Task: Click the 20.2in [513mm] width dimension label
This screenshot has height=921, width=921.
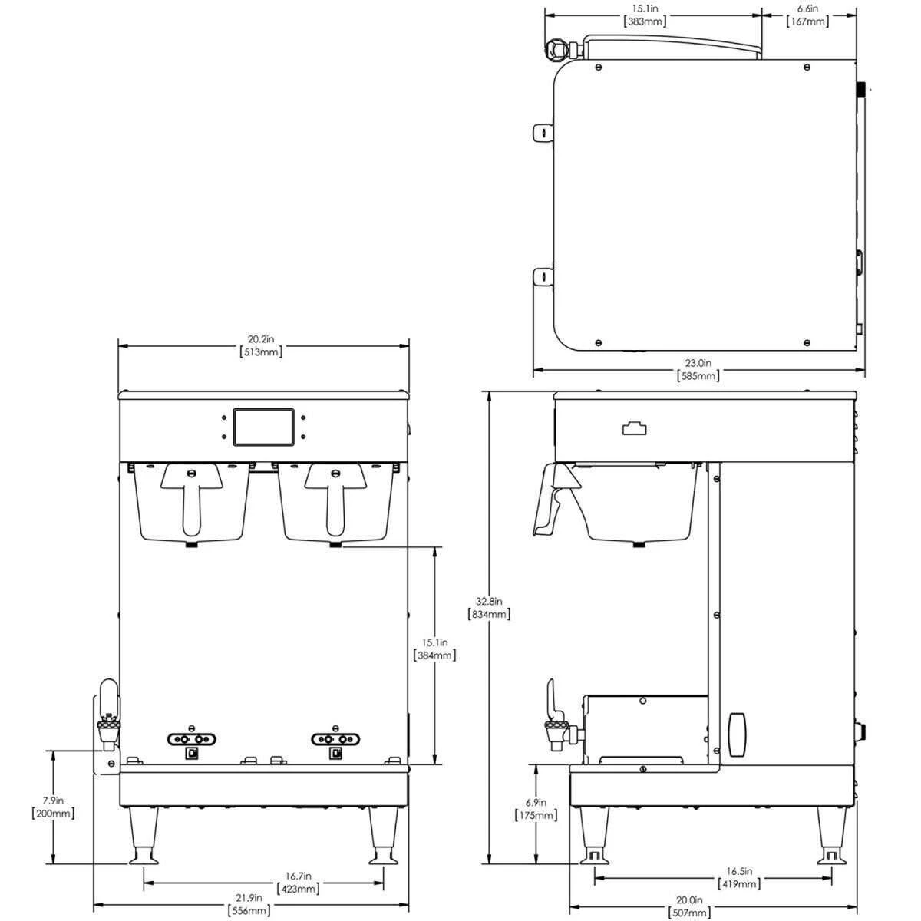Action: pos(262,345)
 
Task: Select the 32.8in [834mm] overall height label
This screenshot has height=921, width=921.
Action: pos(489,608)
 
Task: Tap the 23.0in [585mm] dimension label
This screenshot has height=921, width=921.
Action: pos(698,369)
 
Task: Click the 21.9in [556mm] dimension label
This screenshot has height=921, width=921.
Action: pos(249,903)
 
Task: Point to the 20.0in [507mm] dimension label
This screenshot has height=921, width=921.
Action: pos(688,906)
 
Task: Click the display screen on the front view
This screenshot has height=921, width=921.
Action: pos(263,427)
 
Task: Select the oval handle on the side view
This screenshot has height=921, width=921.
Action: pos(738,734)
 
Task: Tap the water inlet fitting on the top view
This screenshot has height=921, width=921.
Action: pos(558,50)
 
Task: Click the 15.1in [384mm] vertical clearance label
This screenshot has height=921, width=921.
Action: pos(435,649)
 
